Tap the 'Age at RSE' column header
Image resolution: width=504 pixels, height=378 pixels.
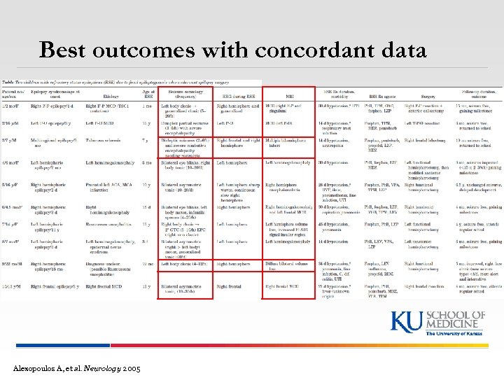coord(148,93)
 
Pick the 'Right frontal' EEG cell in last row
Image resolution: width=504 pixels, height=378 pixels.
coord(229,286)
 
